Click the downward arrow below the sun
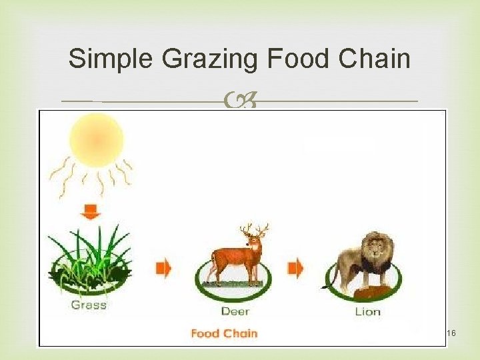90,212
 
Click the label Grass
89,305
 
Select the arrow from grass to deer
163,268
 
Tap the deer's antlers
253,231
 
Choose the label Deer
235,311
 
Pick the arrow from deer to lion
295,268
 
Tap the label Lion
367,311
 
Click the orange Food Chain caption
223,333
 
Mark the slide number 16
451,333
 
